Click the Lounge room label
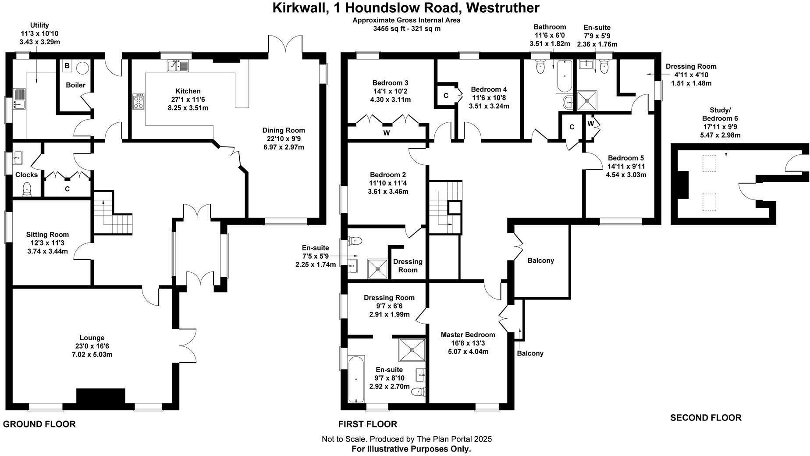coord(92,338)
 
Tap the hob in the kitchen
coord(139,102)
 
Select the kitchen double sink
coord(178,66)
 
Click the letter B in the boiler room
coord(67,66)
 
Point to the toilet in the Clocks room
coord(27,189)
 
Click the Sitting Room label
coord(47,235)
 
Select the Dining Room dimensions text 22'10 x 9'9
coord(283,139)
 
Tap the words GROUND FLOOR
coord(39,424)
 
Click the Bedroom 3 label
coord(391,83)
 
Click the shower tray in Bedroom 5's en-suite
coord(586,100)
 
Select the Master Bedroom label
coord(468,335)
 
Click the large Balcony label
coord(540,260)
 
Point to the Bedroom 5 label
coord(626,158)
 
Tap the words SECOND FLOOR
coord(706,418)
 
